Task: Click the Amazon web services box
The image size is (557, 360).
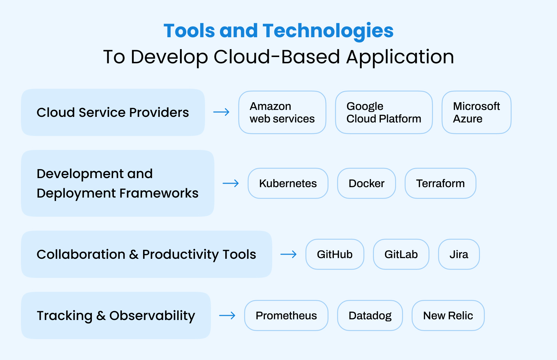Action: (x=282, y=112)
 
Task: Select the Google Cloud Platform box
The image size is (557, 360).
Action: (x=384, y=112)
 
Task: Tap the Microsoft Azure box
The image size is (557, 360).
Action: (x=476, y=112)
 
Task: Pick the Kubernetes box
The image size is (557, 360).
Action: (x=288, y=183)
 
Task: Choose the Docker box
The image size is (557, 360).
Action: (x=366, y=183)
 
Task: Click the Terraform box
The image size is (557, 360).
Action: (x=440, y=183)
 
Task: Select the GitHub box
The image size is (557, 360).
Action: (x=335, y=254)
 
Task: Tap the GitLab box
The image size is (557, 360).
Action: (x=401, y=254)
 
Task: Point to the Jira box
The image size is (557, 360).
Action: (x=459, y=254)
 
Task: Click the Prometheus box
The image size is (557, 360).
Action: (x=286, y=315)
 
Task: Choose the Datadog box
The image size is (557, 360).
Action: (x=370, y=315)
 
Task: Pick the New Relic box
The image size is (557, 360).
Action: (x=448, y=315)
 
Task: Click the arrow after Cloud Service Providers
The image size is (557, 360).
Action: (x=221, y=112)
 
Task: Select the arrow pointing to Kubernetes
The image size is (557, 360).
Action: (x=231, y=183)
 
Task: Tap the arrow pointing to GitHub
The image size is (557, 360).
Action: (x=289, y=254)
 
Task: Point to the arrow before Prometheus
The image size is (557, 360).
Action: (x=227, y=315)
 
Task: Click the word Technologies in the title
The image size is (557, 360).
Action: (x=328, y=31)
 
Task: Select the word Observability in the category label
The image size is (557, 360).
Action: (x=152, y=316)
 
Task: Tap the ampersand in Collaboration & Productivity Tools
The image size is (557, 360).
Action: (x=134, y=255)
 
